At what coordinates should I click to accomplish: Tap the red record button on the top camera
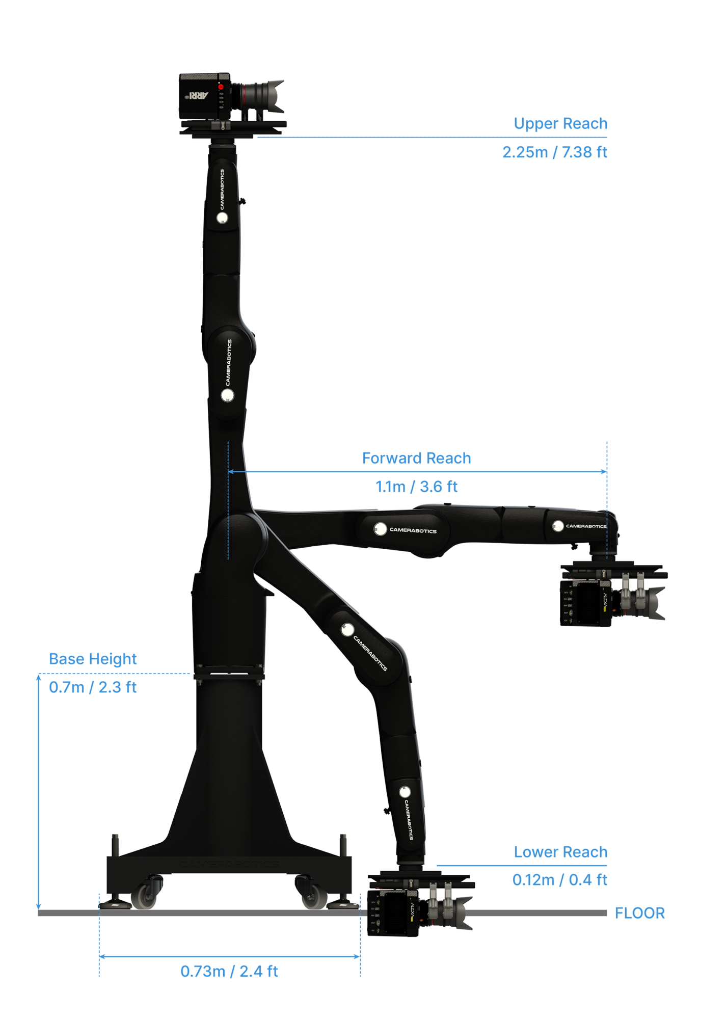point(221,87)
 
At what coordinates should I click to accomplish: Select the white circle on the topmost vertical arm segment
point(222,218)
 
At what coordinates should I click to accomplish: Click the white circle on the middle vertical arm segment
point(227,395)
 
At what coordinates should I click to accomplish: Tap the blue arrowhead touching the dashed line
point(231,472)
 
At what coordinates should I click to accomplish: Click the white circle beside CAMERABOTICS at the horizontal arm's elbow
point(380,529)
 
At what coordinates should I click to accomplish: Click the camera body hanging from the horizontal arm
point(586,603)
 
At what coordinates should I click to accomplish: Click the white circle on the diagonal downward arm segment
point(347,630)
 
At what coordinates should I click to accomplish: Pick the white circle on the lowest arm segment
point(405,792)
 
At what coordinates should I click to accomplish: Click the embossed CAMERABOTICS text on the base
point(229,864)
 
